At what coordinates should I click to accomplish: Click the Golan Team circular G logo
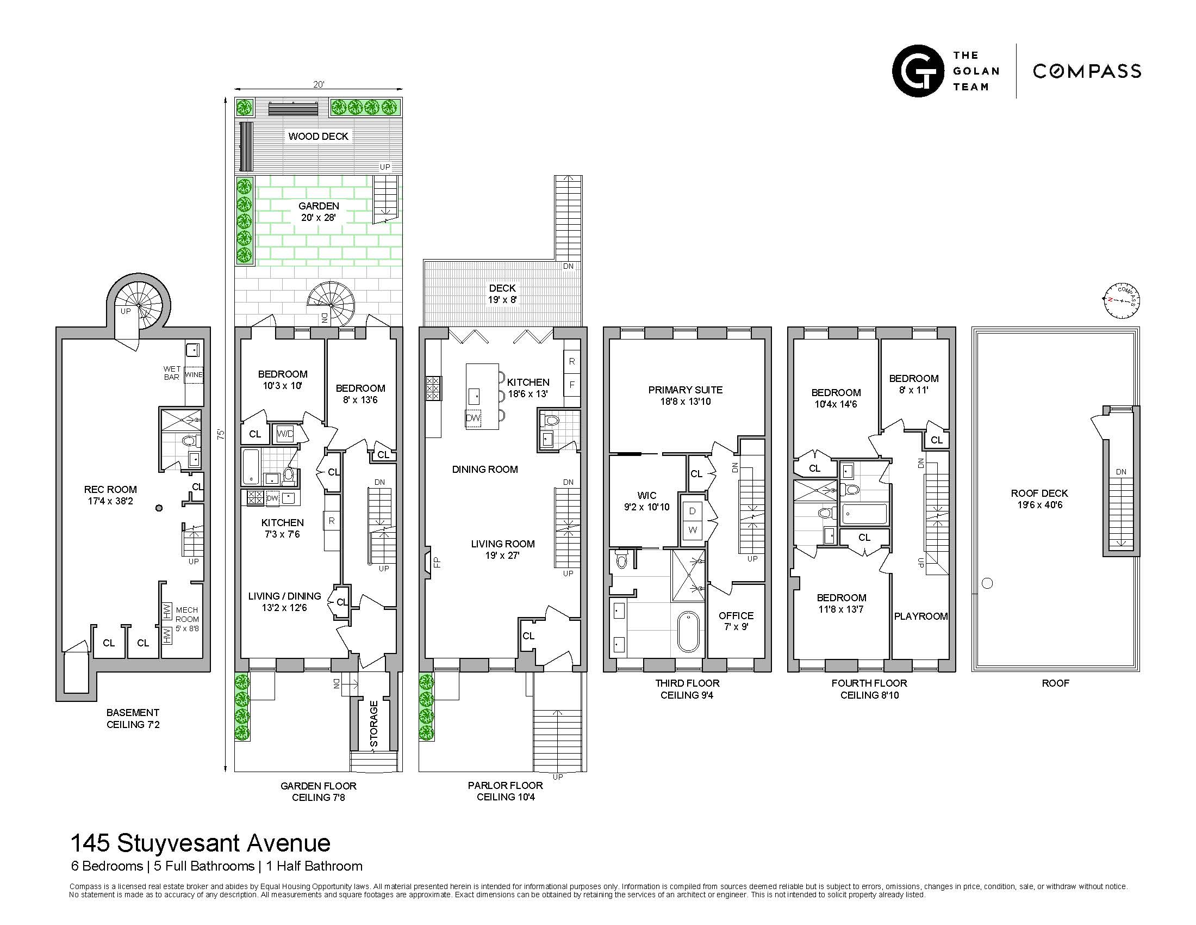tap(918, 71)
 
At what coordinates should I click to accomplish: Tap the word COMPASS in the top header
tap(1087, 71)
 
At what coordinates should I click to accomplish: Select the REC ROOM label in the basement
tap(110, 495)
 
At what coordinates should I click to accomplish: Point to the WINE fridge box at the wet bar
tap(194, 375)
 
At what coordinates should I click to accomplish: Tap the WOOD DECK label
tap(318, 137)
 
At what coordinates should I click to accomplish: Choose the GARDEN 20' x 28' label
tap(319, 212)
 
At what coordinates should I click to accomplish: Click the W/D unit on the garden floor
tap(285, 435)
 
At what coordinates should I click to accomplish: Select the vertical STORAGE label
tap(374, 724)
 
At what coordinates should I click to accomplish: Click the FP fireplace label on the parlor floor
tap(437, 562)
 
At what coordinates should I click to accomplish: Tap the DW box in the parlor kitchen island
tap(473, 418)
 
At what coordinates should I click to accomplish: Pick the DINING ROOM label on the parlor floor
tap(484, 470)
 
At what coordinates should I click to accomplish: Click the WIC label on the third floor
tap(647, 495)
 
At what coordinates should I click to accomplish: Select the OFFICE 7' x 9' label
tap(736, 621)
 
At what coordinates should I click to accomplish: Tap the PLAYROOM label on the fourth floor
tap(920, 616)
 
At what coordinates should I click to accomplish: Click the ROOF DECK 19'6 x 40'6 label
tap(1039, 498)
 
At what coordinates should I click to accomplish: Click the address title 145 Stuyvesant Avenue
tap(201, 843)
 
